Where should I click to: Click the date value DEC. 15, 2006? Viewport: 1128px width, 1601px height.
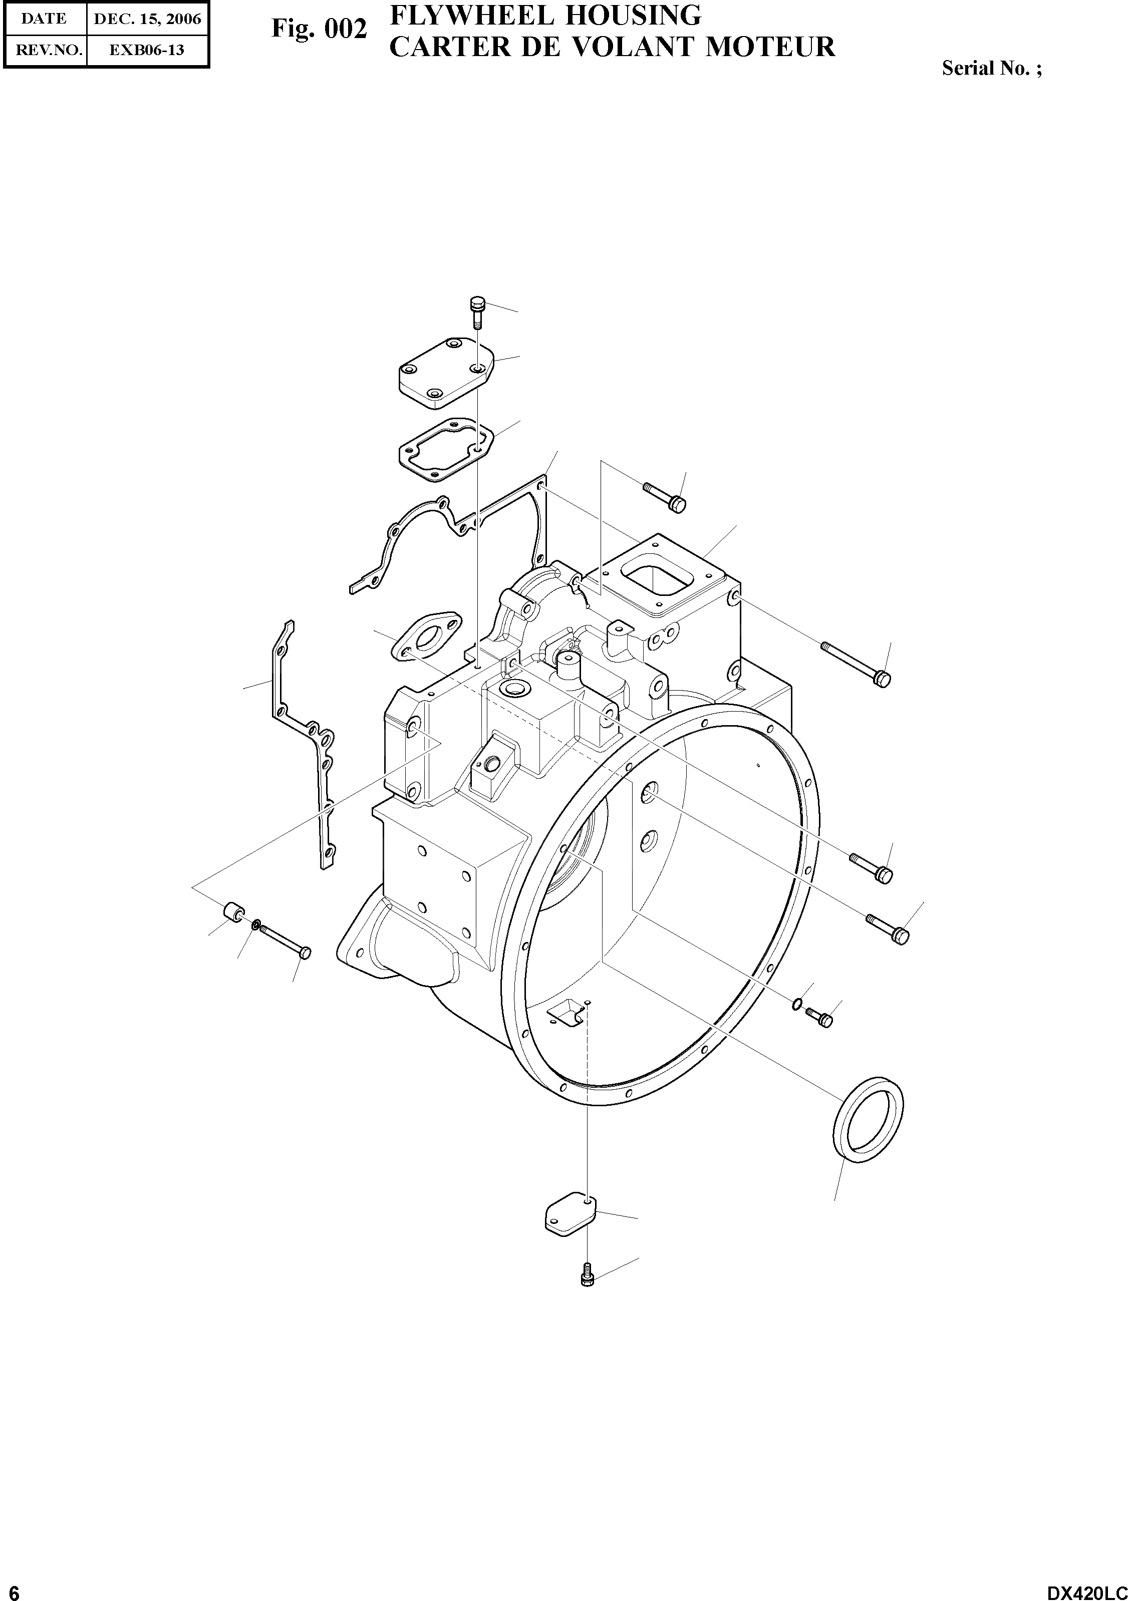[x=147, y=19]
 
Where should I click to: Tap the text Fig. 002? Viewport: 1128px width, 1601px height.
[x=318, y=29]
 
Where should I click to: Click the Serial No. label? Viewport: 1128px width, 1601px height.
[x=991, y=68]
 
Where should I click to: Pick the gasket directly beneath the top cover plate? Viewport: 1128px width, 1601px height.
[x=446, y=449]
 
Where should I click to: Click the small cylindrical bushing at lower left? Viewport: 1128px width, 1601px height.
[x=232, y=911]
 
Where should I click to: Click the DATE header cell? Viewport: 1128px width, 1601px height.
[x=44, y=19]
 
